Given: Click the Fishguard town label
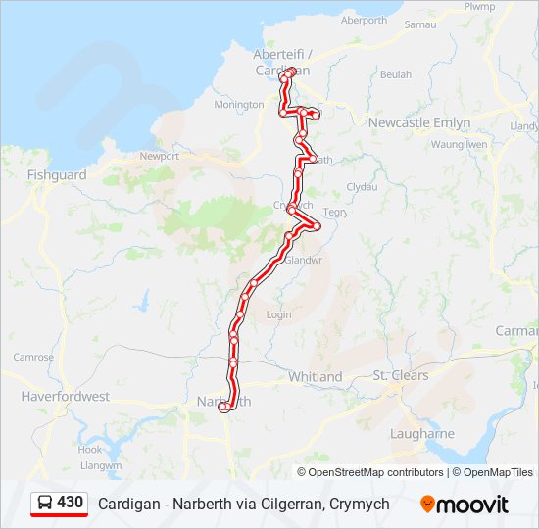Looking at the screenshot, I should pyautogui.click(x=57, y=175).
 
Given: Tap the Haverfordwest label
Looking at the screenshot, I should pyautogui.click(x=66, y=397).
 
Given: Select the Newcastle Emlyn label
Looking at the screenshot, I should pyautogui.click(x=419, y=122).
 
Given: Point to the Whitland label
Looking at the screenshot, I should pyautogui.click(x=315, y=377).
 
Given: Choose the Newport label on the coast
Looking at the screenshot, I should pyautogui.click(x=160, y=156).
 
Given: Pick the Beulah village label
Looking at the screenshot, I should pyautogui.click(x=396, y=74).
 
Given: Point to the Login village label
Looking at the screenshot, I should pyautogui.click(x=279, y=314).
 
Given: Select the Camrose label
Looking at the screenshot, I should pyautogui.click(x=33, y=357).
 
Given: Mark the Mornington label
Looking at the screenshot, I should pyautogui.click(x=239, y=105).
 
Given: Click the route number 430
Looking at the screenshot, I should pyautogui.click(x=70, y=503).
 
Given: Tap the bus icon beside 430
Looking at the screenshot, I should pyautogui.click(x=45, y=503).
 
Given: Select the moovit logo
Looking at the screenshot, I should pyautogui.click(x=465, y=505).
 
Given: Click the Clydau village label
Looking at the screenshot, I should pyautogui.click(x=363, y=186).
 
